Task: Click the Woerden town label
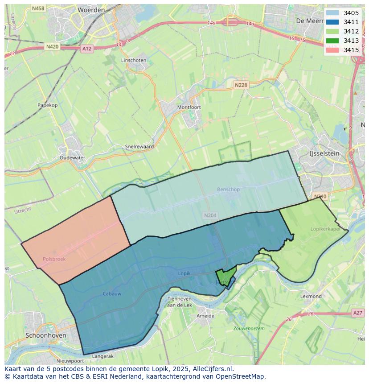(91, 9)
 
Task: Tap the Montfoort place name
(189, 107)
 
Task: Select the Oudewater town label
(72, 157)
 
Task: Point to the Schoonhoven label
(45, 335)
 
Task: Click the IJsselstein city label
(324, 153)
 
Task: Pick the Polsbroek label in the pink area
(54, 259)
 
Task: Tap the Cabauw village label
(112, 293)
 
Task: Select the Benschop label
(228, 190)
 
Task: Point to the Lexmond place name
(311, 296)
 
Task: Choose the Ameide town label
(205, 316)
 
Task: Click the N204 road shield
(210, 215)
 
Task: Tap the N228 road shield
(241, 85)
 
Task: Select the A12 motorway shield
(87, 49)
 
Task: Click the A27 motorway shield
(357, 313)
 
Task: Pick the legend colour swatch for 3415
(332, 50)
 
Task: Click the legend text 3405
(351, 13)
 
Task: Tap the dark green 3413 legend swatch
(332, 41)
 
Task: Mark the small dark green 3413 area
(226, 275)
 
